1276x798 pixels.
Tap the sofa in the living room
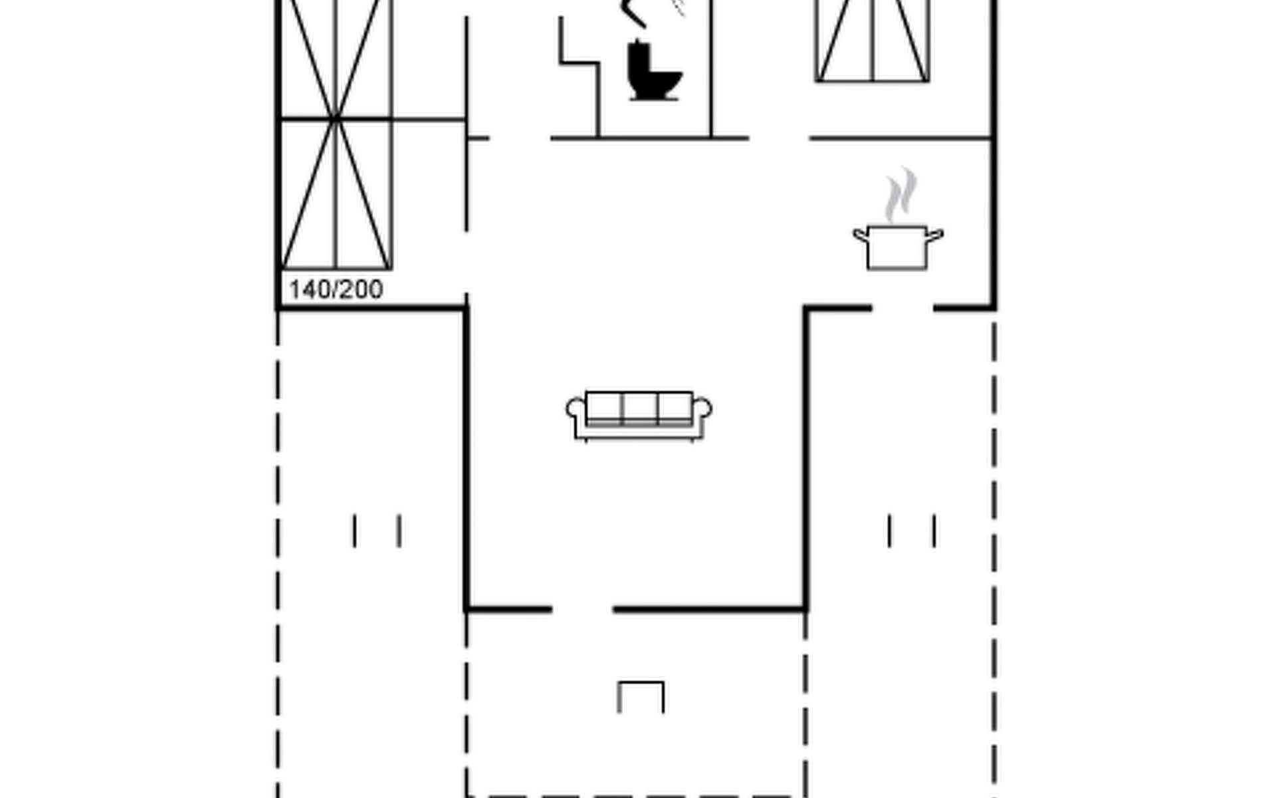pos(639,416)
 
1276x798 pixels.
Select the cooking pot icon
pos(898,247)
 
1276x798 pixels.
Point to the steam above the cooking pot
pos(901,194)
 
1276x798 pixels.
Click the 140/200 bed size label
pos(336,289)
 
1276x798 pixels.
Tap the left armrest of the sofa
pos(576,408)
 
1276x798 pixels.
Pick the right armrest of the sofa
pos(702,408)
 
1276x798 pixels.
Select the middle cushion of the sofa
pos(640,408)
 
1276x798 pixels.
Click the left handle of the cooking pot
pos(861,235)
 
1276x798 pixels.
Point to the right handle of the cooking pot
pos(935,235)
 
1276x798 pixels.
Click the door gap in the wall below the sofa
pos(582,608)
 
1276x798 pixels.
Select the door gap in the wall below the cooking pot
pos(903,308)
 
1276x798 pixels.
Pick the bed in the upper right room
pos(872,41)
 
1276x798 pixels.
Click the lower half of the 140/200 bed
pos(336,194)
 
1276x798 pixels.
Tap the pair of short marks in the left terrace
pos(377,531)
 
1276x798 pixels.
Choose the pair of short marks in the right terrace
pos(912,531)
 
